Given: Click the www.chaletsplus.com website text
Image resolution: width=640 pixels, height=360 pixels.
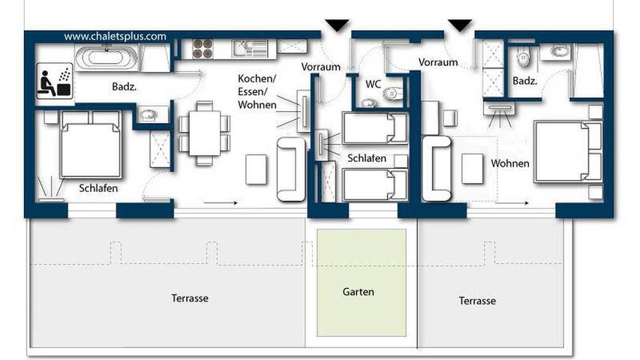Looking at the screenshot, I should tap(115, 35).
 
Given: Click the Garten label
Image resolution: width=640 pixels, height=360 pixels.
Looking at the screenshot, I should tap(358, 292).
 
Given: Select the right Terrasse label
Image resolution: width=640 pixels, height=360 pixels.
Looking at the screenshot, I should tap(476, 300).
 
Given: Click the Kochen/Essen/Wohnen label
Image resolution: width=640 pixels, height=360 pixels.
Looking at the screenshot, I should tap(257, 93).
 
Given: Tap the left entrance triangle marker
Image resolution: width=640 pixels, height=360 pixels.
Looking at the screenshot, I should tap(337, 25).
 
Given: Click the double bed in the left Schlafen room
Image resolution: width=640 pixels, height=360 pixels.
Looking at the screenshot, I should tap(90, 145).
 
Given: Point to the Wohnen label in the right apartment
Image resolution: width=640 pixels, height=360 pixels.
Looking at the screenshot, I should tap(510, 163).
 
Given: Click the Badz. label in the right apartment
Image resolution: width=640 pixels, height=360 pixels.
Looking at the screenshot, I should tap(524, 81).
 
